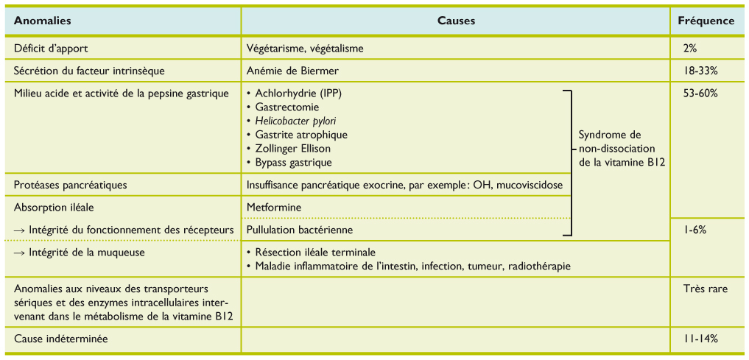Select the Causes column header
click(x=457, y=21)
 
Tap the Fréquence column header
click(x=706, y=21)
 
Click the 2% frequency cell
click(x=690, y=49)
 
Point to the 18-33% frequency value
click(x=700, y=71)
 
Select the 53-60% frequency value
click(x=700, y=93)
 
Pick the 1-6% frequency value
click(x=695, y=230)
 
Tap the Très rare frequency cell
click(x=706, y=289)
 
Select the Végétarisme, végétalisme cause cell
click(x=306, y=49)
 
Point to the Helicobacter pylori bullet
click(x=300, y=121)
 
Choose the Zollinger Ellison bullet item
click(x=292, y=149)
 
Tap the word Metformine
click(x=274, y=207)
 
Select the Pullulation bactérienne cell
click(x=295, y=230)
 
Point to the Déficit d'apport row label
click(x=51, y=49)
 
